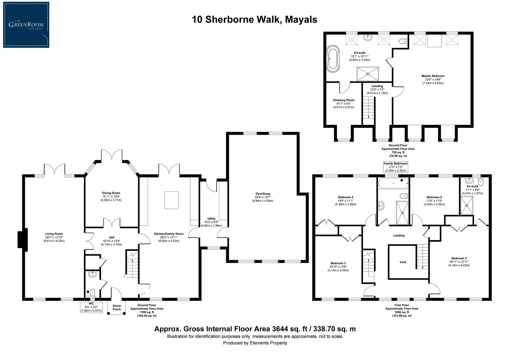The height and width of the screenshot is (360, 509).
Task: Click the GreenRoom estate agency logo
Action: (x=26, y=25)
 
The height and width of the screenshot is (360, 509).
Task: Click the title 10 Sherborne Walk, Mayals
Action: (x=254, y=19)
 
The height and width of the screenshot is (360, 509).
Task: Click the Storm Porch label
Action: (x=117, y=307)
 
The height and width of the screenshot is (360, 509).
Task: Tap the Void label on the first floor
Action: (x=403, y=262)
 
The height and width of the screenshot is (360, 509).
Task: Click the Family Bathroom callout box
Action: (x=395, y=167)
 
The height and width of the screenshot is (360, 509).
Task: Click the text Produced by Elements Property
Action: (x=255, y=343)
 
